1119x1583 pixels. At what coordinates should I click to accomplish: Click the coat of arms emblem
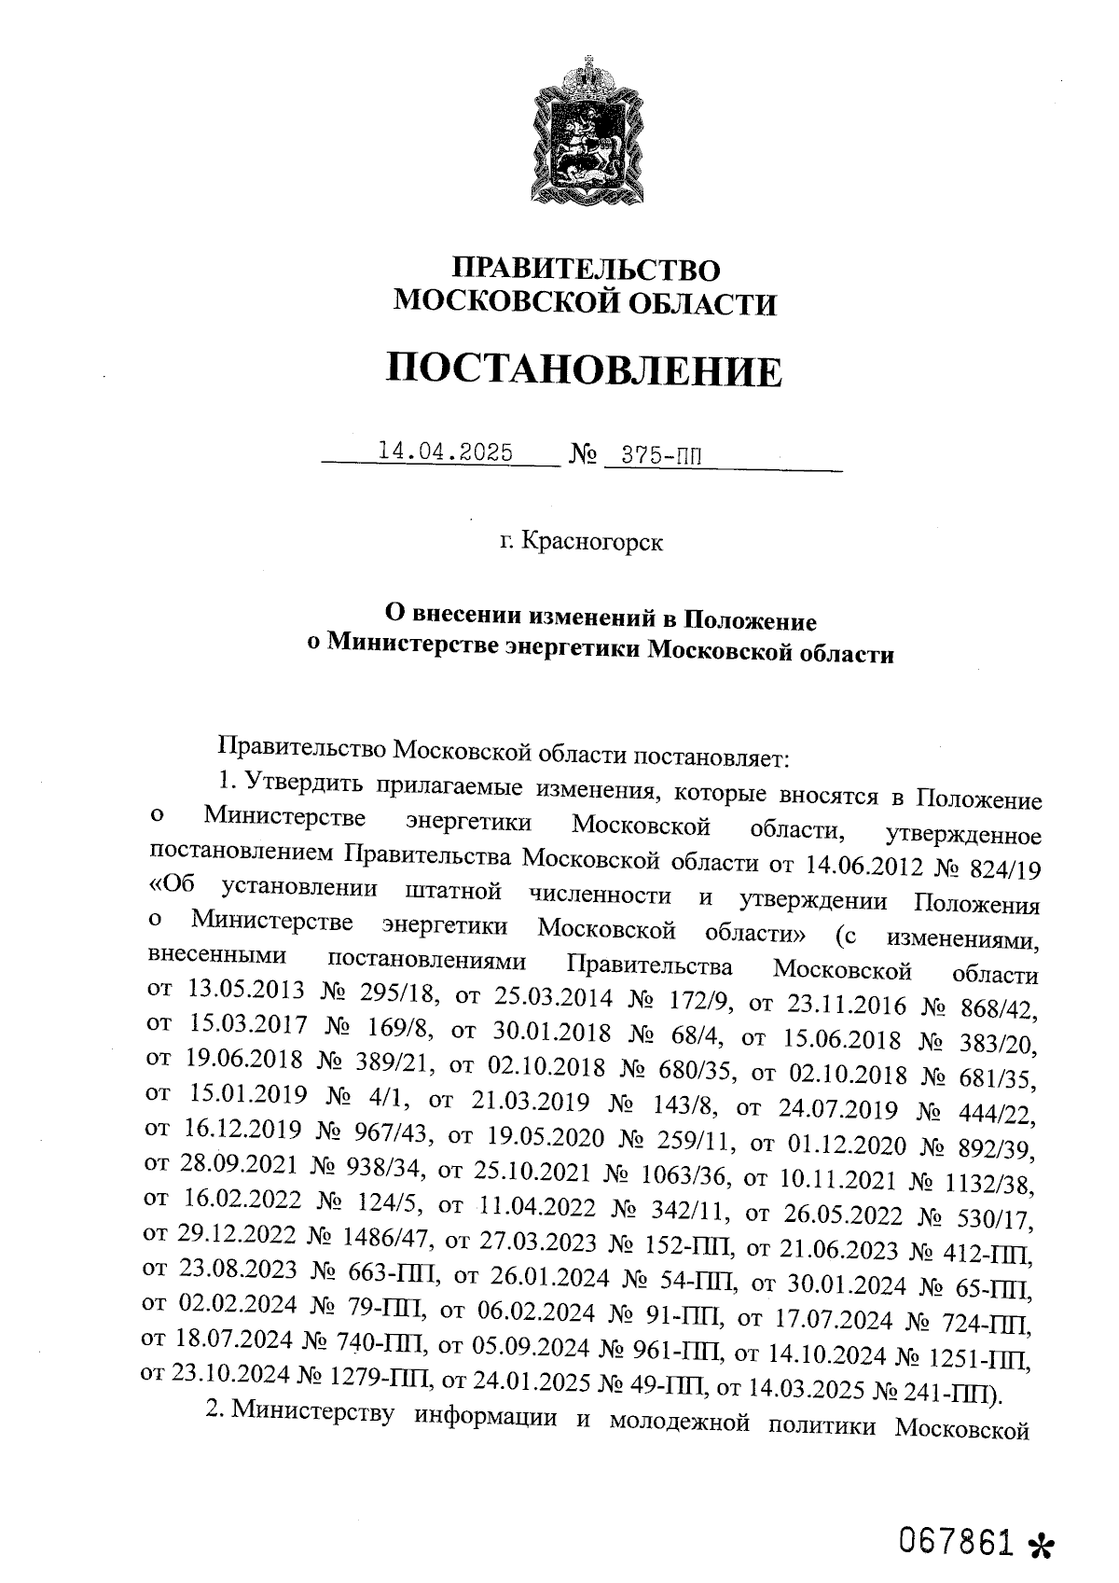tap(587, 131)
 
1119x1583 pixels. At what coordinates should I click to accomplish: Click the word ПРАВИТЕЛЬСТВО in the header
tap(586, 270)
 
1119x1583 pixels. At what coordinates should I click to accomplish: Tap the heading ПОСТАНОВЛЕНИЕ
tap(585, 370)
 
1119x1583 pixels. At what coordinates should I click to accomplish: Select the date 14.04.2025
tap(445, 452)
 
